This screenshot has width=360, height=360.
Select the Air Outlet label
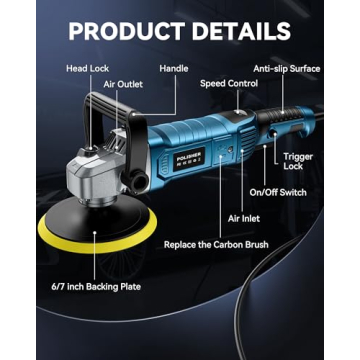[x=123, y=86]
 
